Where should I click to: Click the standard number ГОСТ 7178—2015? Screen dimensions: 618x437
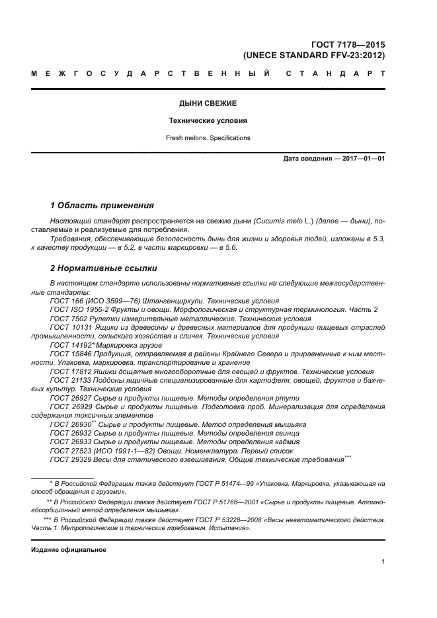click(x=351, y=45)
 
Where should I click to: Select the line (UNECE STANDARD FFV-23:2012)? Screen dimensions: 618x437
click(x=314, y=56)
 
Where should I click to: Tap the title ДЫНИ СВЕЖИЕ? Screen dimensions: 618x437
click(x=208, y=104)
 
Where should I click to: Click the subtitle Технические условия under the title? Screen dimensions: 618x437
click(x=208, y=122)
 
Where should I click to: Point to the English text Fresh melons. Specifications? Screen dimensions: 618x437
click(x=208, y=138)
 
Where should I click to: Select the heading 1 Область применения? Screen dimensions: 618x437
click(x=102, y=206)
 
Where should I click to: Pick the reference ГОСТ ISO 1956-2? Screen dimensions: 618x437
click(x=80, y=309)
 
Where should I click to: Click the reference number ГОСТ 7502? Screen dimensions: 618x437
click(x=65, y=318)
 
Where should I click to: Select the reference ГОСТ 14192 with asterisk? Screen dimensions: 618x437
click(x=68, y=344)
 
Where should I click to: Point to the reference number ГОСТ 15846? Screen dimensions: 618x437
click(x=67, y=354)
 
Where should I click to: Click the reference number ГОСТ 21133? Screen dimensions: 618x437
click(x=67, y=380)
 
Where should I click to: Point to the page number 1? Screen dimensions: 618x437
click(x=383, y=562)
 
